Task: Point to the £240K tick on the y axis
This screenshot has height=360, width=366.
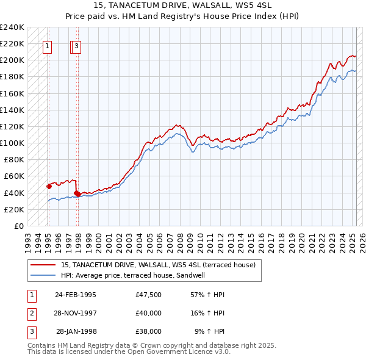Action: pyautogui.click(x=12, y=27)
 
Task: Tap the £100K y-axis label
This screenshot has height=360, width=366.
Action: pyautogui.click(x=12, y=143)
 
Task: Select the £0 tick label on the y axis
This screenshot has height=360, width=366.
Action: pyautogui.click(x=18, y=226)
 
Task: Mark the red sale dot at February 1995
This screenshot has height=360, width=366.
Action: pyautogui.click(x=49, y=186)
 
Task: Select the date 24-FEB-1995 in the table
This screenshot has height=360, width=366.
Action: pyautogui.click(x=76, y=295)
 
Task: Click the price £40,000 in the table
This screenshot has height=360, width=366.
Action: pyautogui.click(x=149, y=313)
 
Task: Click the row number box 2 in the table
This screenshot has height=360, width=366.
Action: pyautogui.click(x=31, y=313)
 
